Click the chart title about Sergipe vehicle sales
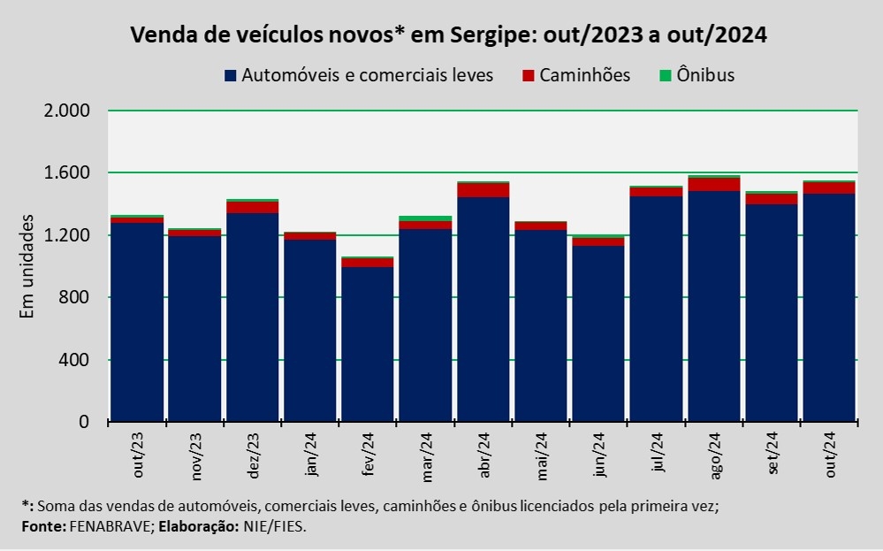(x=448, y=35)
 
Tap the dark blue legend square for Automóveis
(x=231, y=76)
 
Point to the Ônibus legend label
(x=705, y=75)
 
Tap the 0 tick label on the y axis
(x=86, y=422)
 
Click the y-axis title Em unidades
(x=27, y=265)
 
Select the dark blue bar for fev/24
(x=368, y=345)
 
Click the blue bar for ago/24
(x=714, y=305)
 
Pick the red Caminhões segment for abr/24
(x=483, y=190)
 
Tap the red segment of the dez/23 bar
(x=253, y=208)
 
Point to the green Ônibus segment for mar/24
(x=425, y=218)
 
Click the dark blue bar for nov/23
(x=194, y=327)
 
